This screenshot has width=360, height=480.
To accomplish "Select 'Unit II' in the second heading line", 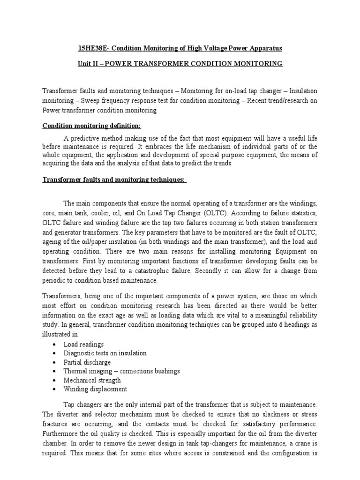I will pyautogui.click(x=88, y=63).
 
